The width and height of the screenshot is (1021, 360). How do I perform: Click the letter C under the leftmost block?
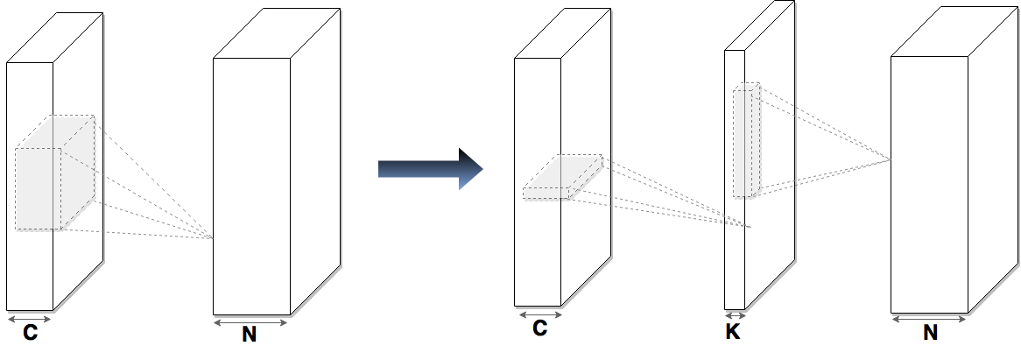pyautogui.click(x=30, y=334)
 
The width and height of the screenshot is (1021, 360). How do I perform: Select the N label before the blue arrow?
pyautogui.click(x=250, y=335)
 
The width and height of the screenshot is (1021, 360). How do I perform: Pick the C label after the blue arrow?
pyautogui.click(x=539, y=328)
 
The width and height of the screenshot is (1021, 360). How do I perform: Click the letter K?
pyautogui.click(x=735, y=330)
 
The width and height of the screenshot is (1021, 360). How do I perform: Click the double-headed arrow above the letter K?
pyautogui.click(x=735, y=315)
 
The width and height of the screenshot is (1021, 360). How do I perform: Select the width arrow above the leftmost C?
pyautogui.click(x=30, y=319)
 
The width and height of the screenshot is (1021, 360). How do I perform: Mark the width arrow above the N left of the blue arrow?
pyautogui.click(x=250, y=321)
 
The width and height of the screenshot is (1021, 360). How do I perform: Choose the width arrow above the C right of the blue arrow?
pyautogui.click(x=539, y=314)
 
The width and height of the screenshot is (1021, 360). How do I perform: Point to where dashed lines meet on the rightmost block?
pyautogui.click(x=891, y=159)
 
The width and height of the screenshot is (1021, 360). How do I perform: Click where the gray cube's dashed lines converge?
pyautogui.click(x=214, y=237)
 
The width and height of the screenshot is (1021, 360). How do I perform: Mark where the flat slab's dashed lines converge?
pyautogui.click(x=749, y=227)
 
